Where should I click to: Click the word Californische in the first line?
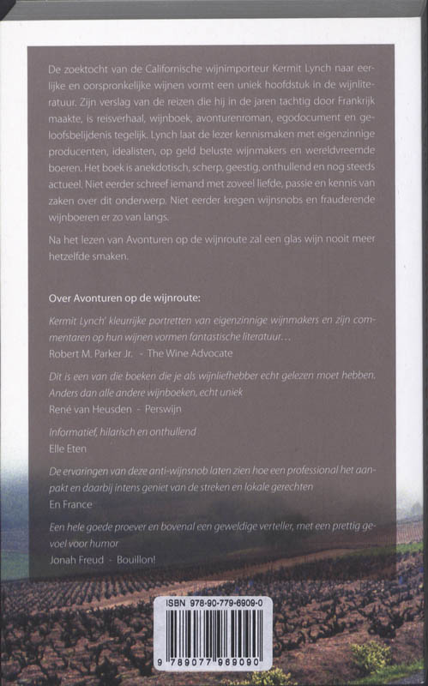tap(160, 67)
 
